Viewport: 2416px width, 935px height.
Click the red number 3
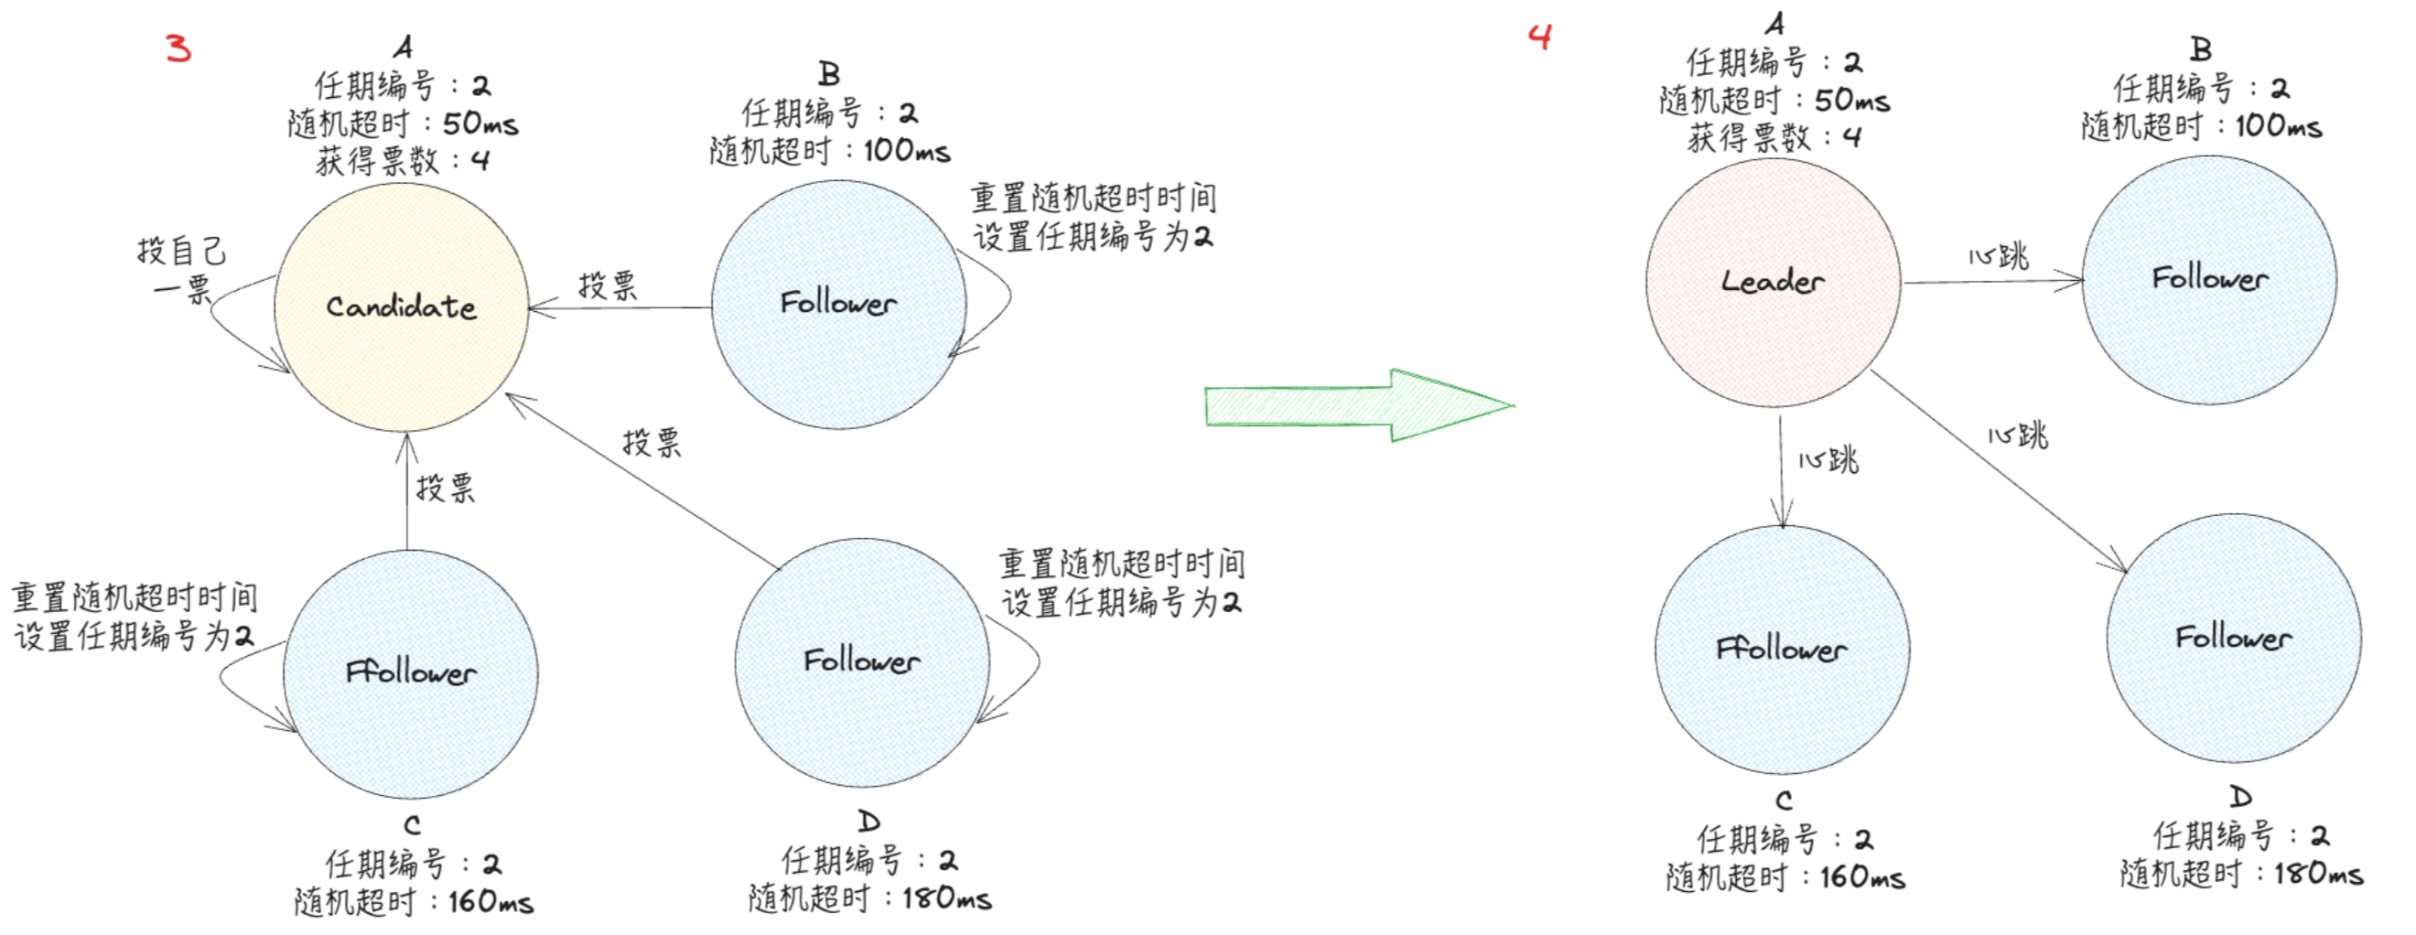pos(178,48)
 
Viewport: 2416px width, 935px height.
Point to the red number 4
pos(1540,37)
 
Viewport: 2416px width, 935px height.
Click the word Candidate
pos(402,306)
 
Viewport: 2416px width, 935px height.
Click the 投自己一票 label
pos(182,269)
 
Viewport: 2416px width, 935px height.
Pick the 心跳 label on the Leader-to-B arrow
pos(1999,256)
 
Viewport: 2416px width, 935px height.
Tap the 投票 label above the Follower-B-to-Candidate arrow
pos(608,285)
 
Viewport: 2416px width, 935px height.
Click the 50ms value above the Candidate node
pos(480,124)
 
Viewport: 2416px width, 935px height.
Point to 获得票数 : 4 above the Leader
pos(1773,138)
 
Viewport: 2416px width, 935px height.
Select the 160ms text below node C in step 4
pos(1862,876)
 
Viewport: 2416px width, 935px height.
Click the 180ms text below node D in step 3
pos(947,898)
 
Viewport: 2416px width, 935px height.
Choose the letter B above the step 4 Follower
pos(2201,48)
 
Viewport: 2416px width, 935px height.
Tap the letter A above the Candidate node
pos(403,47)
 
